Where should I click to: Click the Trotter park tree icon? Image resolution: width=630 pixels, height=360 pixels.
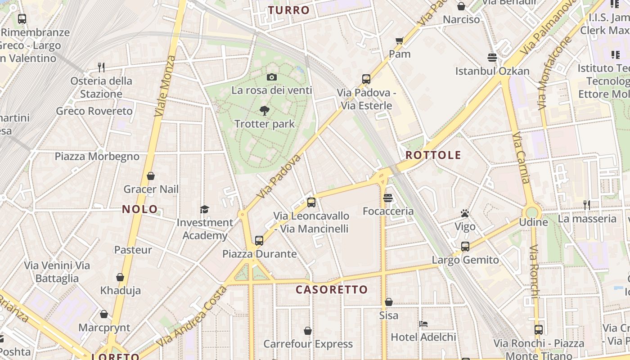(265, 110)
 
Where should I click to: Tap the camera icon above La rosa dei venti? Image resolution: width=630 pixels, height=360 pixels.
(271, 77)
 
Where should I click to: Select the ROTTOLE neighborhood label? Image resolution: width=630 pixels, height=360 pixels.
(433, 155)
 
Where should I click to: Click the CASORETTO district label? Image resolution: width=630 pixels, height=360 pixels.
(332, 289)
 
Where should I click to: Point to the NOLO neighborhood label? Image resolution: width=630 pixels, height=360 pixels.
(140, 209)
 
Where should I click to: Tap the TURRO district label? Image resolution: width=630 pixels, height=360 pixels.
(289, 10)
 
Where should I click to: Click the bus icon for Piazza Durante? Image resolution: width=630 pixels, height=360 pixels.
(259, 240)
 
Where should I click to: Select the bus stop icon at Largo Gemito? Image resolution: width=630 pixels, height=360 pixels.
(465, 247)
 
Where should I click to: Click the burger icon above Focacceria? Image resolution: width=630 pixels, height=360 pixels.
(388, 198)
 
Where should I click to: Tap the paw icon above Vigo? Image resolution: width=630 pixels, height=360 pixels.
(465, 213)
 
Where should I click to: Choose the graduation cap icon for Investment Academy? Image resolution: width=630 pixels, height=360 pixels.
(205, 209)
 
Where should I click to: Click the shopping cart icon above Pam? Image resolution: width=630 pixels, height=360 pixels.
(399, 41)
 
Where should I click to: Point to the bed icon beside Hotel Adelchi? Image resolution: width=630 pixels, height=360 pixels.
(423, 324)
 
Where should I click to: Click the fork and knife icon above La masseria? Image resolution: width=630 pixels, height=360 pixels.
(586, 205)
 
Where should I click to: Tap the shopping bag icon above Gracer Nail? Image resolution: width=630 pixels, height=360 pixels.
(151, 176)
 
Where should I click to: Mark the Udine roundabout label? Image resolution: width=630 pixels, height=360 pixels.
(533, 222)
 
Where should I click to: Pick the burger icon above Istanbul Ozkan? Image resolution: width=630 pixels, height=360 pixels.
(492, 58)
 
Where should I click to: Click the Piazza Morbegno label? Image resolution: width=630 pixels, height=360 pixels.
(97, 157)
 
